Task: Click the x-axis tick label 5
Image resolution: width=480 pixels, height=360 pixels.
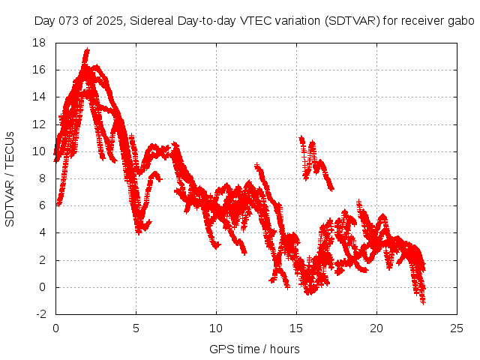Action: coord(136,328)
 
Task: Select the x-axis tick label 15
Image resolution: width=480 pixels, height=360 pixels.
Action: coord(296,328)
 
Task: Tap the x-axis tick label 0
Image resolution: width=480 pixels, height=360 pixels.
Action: coord(55,328)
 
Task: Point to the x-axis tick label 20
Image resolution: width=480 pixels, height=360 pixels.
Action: coord(376,328)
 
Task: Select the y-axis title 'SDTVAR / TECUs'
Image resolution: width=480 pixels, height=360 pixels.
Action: coord(10,178)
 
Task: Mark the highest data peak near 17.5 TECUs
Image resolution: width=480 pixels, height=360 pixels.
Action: coord(87,50)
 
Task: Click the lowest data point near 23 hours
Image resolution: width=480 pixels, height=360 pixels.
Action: coord(423,301)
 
